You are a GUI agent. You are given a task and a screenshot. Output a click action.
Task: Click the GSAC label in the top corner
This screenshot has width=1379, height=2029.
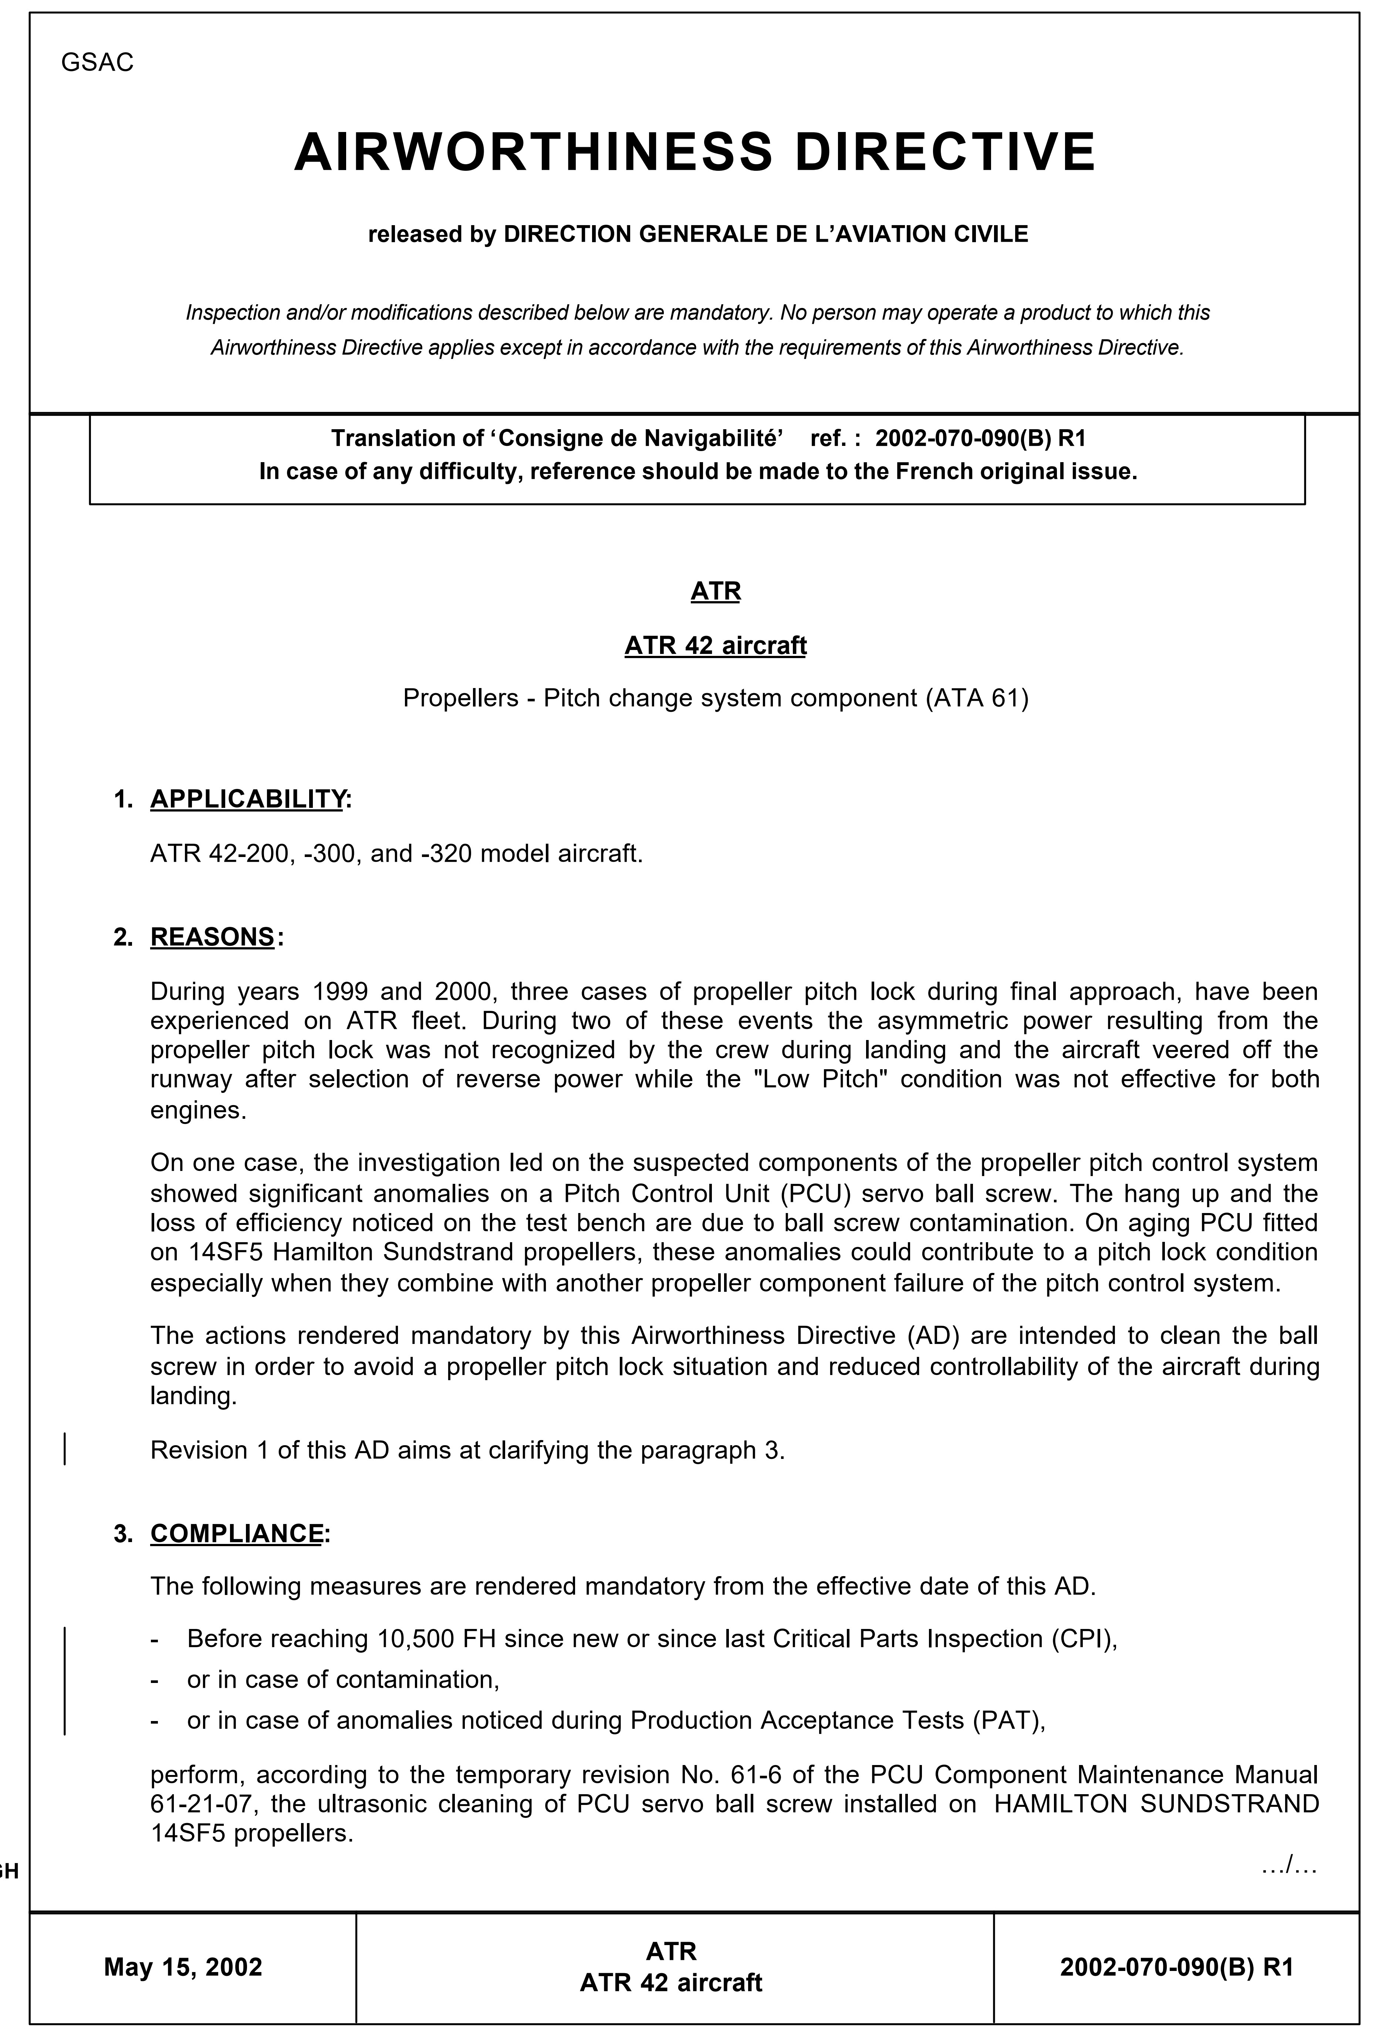(97, 63)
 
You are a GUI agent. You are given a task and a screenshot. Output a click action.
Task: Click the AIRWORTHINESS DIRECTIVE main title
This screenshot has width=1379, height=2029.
(694, 152)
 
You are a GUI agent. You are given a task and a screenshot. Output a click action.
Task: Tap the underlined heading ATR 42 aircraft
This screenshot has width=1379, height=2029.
(715, 646)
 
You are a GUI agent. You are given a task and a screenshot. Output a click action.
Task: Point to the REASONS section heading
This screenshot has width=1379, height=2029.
(212, 937)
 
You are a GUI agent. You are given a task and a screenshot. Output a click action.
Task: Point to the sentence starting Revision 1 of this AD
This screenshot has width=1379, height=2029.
(467, 1450)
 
